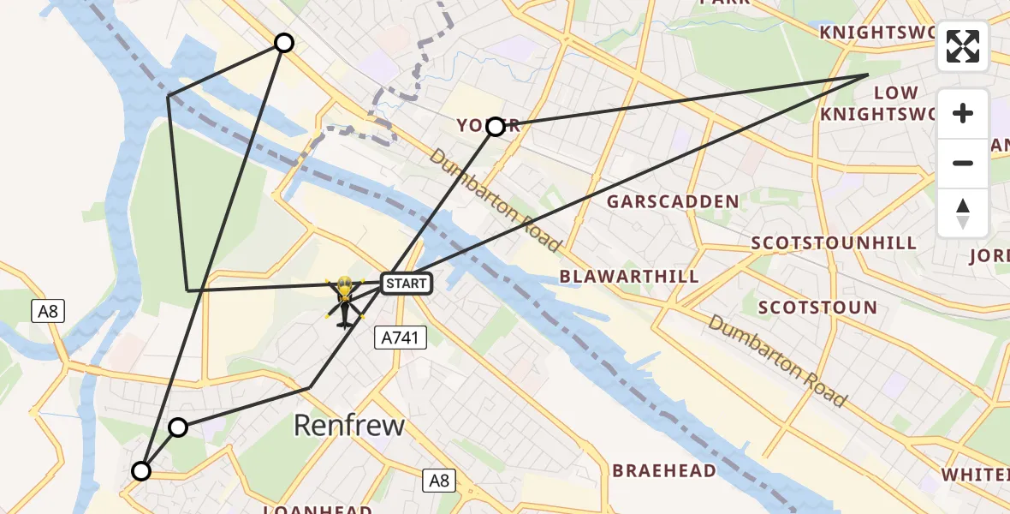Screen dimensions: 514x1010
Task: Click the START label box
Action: pyautogui.click(x=405, y=284)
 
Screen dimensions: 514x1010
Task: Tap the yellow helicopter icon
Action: pyautogui.click(x=344, y=302)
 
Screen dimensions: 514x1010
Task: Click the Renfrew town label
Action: pyautogui.click(x=349, y=425)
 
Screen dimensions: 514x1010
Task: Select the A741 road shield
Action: pyautogui.click(x=401, y=339)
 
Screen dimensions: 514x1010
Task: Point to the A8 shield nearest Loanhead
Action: pyautogui.click(x=439, y=481)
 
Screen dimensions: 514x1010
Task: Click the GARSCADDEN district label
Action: pyautogui.click(x=673, y=202)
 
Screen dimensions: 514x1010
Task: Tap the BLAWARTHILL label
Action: pyautogui.click(x=629, y=277)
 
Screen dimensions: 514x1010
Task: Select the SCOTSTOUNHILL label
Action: pyautogui.click(x=834, y=243)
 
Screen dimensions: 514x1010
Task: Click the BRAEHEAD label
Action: pyautogui.click(x=664, y=471)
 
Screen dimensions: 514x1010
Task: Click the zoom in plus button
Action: pyautogui.click(x=963, y=113)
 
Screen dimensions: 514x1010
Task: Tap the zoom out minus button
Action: pyautogui.click(x=963, y=163)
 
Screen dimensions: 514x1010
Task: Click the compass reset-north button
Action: pyautogui.click(x=963, y=212)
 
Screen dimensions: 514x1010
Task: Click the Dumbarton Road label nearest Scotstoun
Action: pyautogui.click(x=777, y=362)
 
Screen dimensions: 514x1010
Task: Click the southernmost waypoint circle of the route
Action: pyautogui.click(x=141, y=471)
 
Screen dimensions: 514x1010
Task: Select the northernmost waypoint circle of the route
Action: pyautogui.click(x=283, y=43)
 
